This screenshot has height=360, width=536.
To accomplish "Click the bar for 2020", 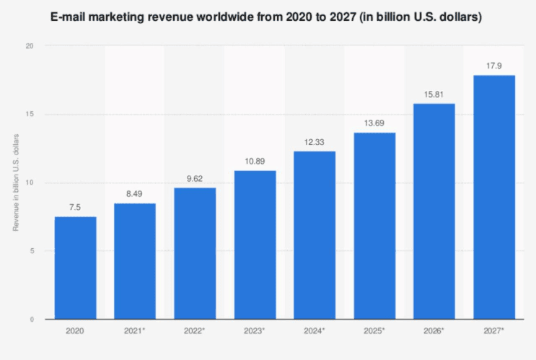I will point(75,268).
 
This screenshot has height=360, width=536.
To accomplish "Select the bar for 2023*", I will point(255,245).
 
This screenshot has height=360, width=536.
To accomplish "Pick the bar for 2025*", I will point(374,226).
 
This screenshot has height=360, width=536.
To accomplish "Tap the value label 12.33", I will point(315,142).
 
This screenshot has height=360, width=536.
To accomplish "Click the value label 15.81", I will point(434,95).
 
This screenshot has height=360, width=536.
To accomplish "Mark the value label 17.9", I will point(494,66).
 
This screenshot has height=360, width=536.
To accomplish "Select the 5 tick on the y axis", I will point(30,251).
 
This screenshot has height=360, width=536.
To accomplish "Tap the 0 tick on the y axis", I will point(30,320).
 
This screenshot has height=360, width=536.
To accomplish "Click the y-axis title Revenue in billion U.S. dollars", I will point(14,183).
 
